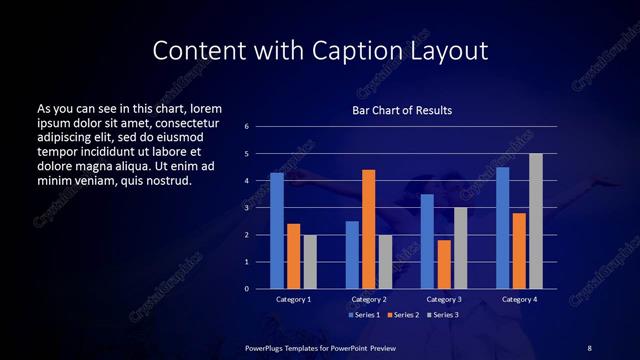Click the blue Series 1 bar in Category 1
277,231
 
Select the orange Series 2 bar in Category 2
368,229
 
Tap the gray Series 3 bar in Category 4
535,221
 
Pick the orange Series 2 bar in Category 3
443,264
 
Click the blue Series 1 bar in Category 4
502,228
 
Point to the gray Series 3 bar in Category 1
309,262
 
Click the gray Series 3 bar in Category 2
385,262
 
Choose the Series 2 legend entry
404,314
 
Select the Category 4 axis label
518,299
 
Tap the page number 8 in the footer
589,347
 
